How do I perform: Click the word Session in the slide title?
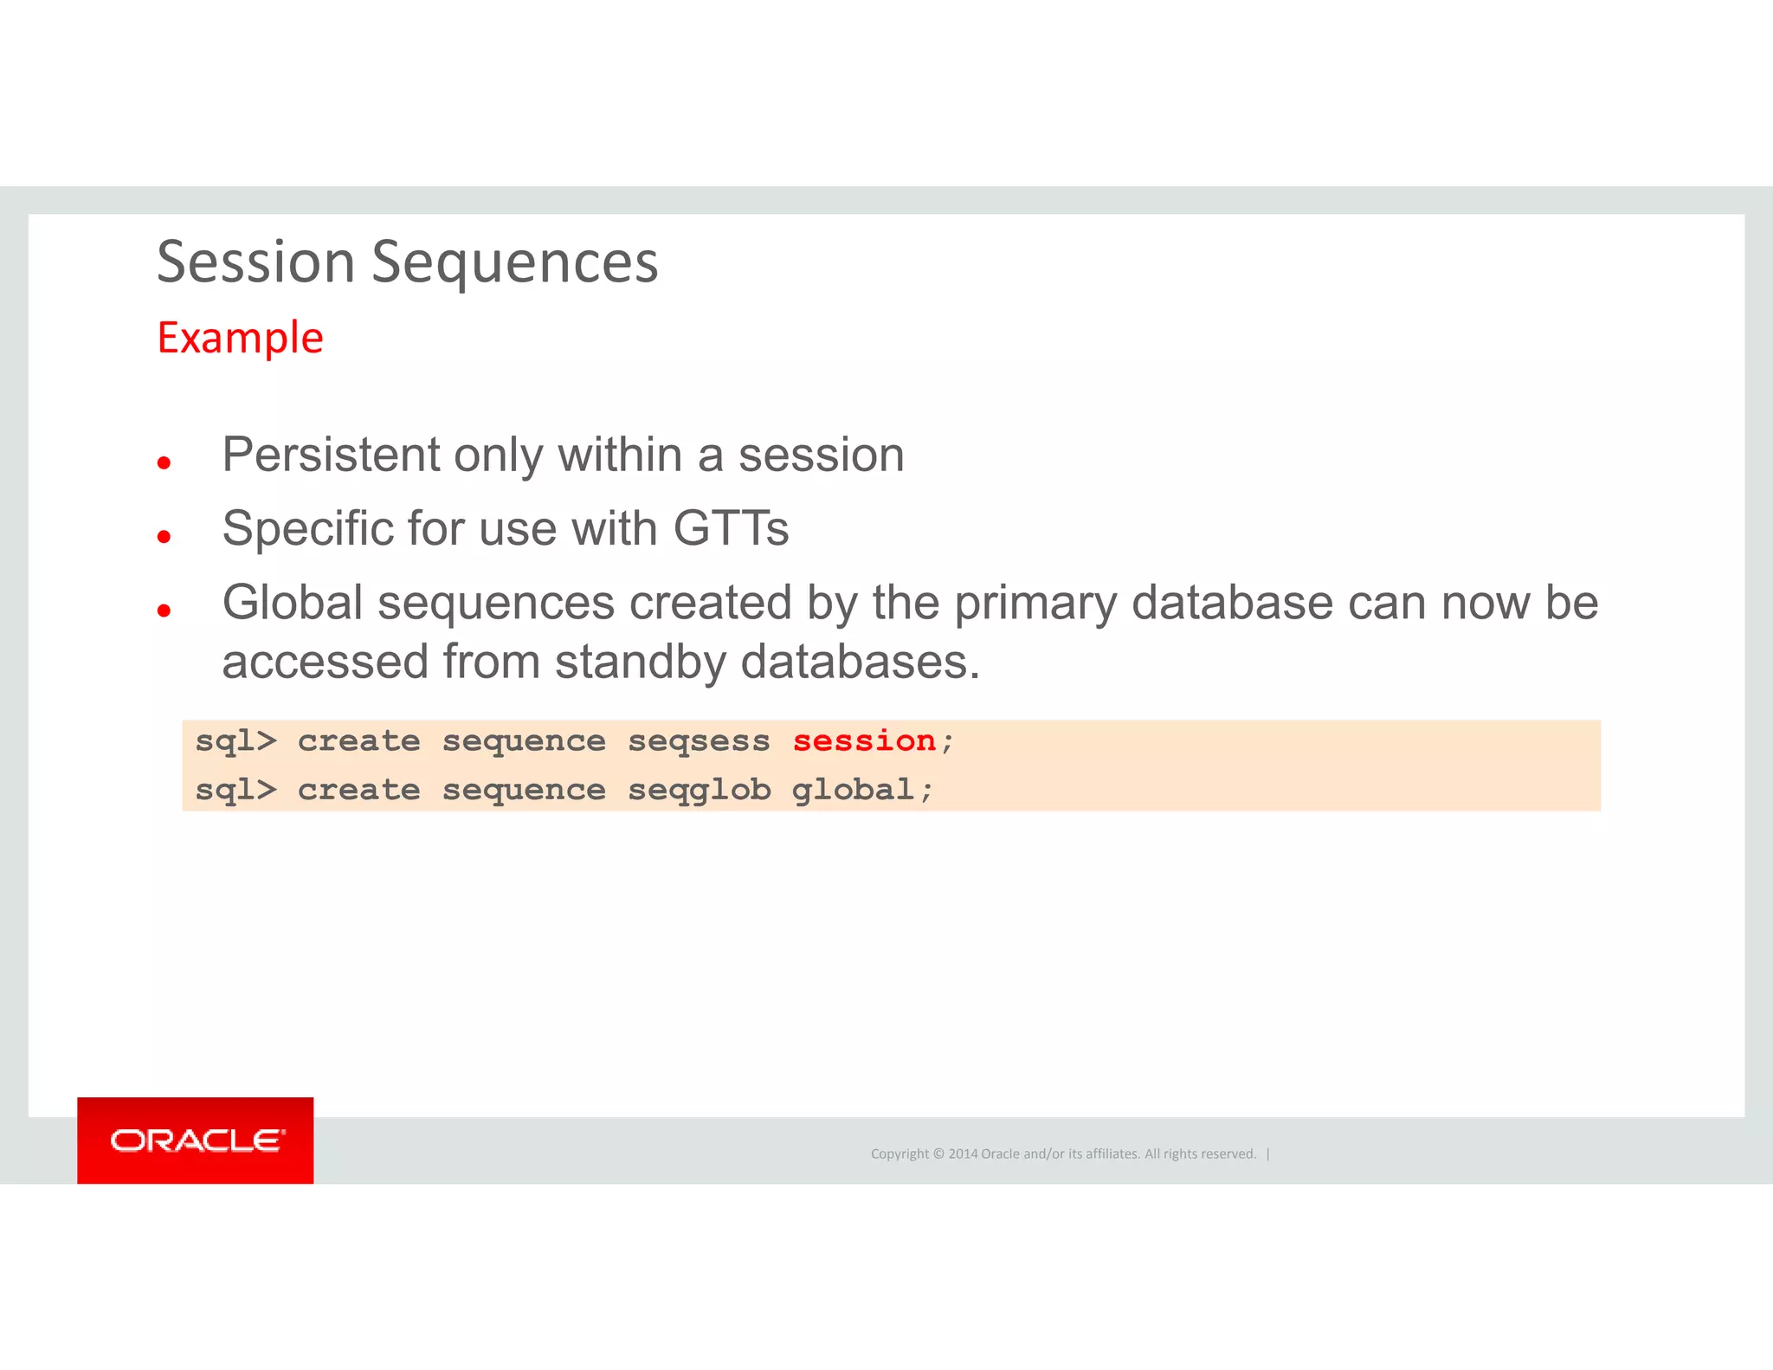[255, 262]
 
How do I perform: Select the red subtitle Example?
[240, 338]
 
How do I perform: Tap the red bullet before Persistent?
[164, 463]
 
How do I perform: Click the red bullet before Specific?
[164, 537]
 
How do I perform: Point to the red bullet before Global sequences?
[164, 611]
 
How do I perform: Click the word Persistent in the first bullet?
[331, 455]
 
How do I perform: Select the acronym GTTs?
[731, 528]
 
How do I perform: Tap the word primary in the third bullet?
[1035, 604]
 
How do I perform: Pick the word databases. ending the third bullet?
[861, 662]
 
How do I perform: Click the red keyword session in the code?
[864, 741]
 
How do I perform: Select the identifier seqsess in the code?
[699, 742]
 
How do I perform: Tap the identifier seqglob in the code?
[699, 791]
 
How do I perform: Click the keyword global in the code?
[853, 790]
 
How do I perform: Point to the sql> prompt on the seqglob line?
[235, 791]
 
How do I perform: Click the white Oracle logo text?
[197, 1141]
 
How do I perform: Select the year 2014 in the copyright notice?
[963, 1154]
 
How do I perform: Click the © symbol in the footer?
[938, 1154]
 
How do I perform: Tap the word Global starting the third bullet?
[292, 603]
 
